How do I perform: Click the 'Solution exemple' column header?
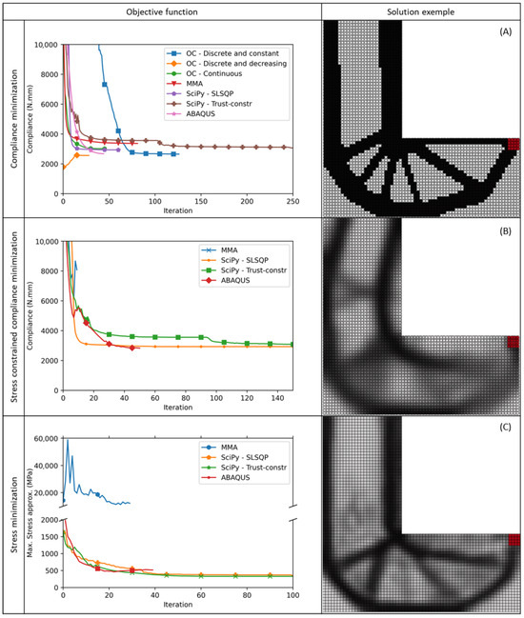click(421, 10)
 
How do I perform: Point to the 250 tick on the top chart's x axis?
click(292, 202)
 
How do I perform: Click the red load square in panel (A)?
click(514, 144)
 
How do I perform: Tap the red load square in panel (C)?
click(514, 540)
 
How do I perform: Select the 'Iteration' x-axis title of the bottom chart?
click(177, 606)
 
